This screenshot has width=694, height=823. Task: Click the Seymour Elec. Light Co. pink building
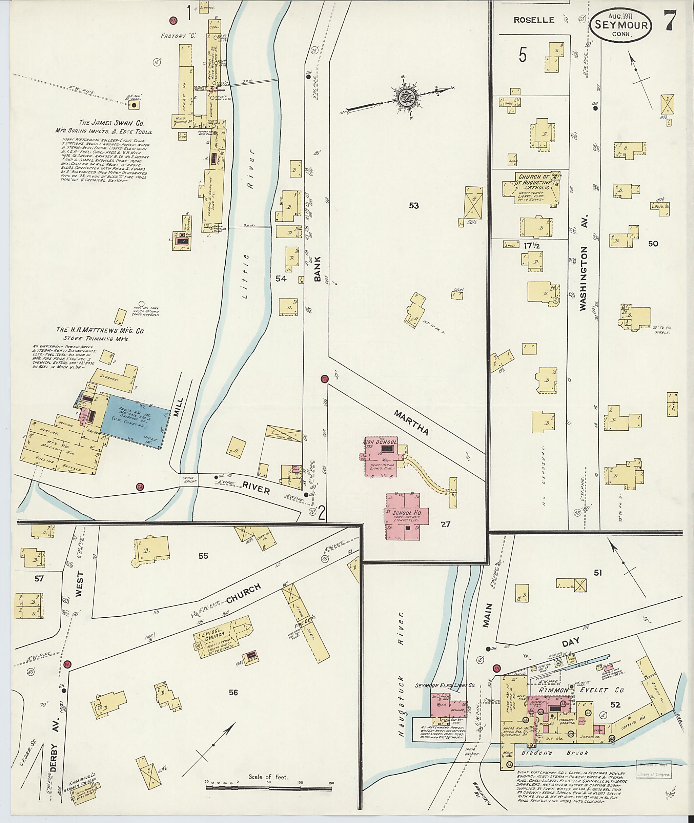click(x=449, y=704)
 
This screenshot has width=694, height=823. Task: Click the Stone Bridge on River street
click(x=189, y=479)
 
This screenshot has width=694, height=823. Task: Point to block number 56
click(x=233, y=703)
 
